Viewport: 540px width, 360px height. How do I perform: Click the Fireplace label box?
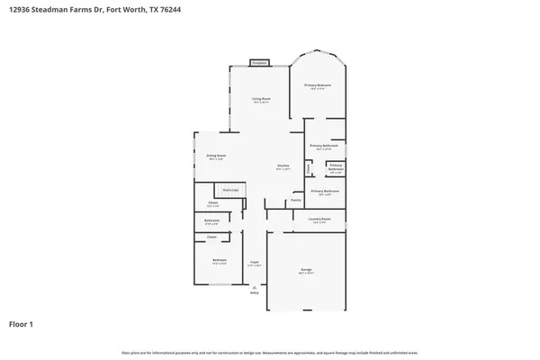point(260,63)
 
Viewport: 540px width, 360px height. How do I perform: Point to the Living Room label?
point(262,98)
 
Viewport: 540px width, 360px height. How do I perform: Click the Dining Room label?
point(216,155)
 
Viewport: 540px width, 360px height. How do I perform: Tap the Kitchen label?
point(282,166)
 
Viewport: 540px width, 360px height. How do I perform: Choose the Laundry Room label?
point(320,219)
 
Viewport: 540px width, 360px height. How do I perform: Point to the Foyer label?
point(255,263)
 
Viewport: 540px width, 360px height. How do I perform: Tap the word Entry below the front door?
point(255,292)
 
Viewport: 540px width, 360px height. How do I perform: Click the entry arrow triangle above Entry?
point(255,286)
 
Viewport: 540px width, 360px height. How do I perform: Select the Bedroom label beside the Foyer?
point(219,260)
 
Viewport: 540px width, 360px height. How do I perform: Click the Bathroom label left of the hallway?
point(212,220)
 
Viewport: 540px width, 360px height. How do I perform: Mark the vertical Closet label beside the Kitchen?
point(309,167)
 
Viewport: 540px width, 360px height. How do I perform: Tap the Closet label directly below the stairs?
point(212,202)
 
